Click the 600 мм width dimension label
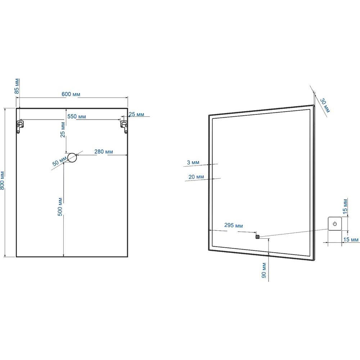pos(71,94)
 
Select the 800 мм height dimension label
pos(2,180)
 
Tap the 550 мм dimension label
pos(77,116)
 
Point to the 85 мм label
pos(17,86)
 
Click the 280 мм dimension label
pos(104,152)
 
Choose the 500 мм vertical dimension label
pos(60,207)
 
